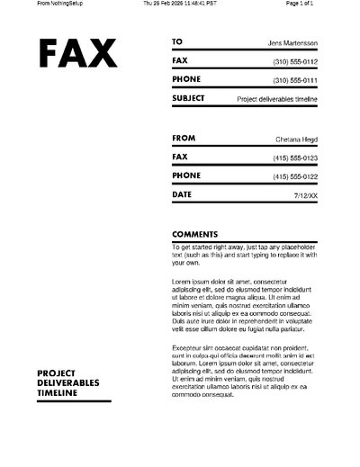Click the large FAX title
[79, 56]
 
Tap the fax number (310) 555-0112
[295, 62]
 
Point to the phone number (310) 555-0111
[295, 81]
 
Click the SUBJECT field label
[188, 98]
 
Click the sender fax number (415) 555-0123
[295, 158]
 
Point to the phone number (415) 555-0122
[295, 176]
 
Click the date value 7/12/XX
[305, 195]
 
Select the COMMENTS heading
[194, 234]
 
